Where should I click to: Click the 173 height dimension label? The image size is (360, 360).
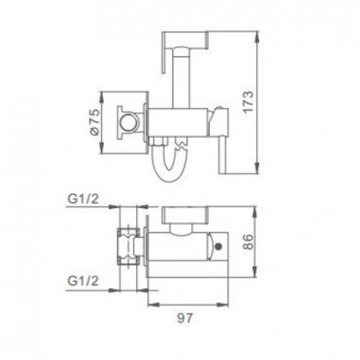click(x=248, y=102)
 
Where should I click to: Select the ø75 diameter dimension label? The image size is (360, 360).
click(x=95, y=122)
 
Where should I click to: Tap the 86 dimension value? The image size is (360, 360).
click(x=249, y=242)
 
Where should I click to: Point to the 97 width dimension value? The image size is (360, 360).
click(x=185, y=318)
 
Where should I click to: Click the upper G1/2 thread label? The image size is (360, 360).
click(x=83, y=198)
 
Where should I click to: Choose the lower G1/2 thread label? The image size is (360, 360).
click(x=83, y=281)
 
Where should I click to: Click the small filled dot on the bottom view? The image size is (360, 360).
click(x=218, y=246)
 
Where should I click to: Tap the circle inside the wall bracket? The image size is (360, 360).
click(x=129, y=122)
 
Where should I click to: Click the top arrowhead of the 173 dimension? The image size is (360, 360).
click(x=257, y=37)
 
